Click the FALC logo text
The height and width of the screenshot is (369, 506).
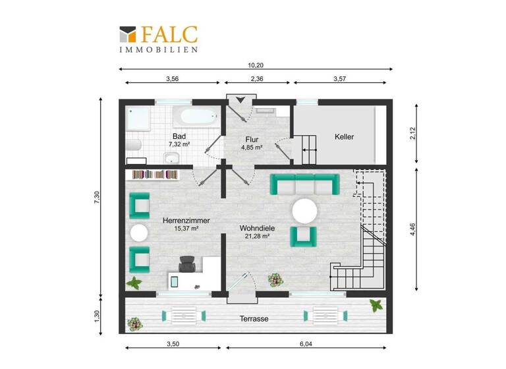[x=168, y=34]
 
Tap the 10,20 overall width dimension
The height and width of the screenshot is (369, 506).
[x=256, y=65]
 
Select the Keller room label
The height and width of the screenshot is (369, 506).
[x=344, y=137]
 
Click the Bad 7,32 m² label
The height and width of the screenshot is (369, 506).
[x=179, y=140]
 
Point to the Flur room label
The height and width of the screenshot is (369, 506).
[x=252, y=140]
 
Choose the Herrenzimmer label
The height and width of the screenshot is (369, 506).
[x=186, y=223]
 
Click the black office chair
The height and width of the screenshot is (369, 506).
[x=187, y=264]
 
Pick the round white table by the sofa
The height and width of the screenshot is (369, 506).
[x=305, y=212]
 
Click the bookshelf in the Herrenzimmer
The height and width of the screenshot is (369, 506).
[x=155, y=174]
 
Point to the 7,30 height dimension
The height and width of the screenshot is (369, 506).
[x=96, y=197]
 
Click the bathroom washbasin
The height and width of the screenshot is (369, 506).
[x=171, y=157]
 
